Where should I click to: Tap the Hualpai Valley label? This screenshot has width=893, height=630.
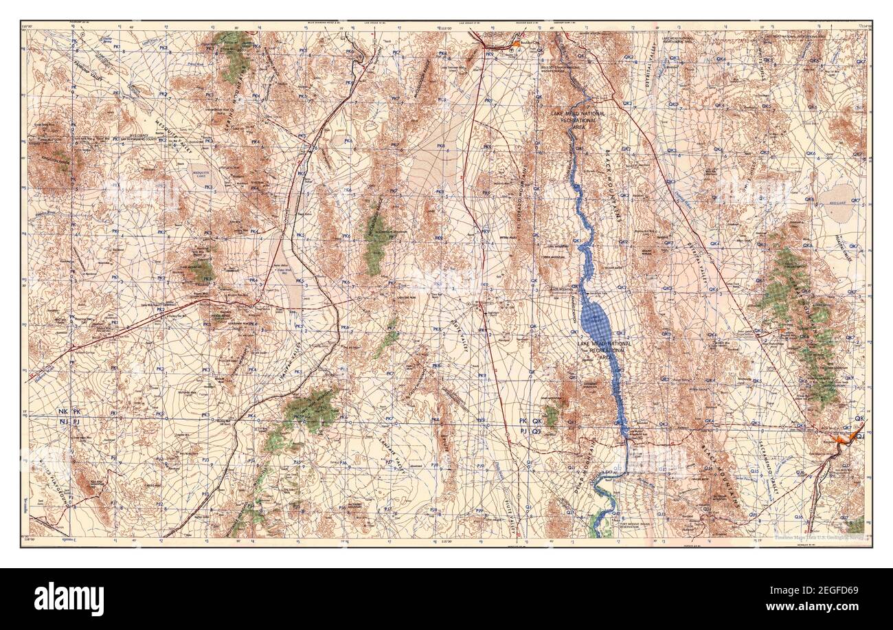852,247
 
